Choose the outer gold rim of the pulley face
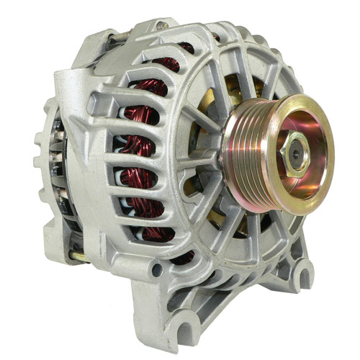[324, 180]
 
